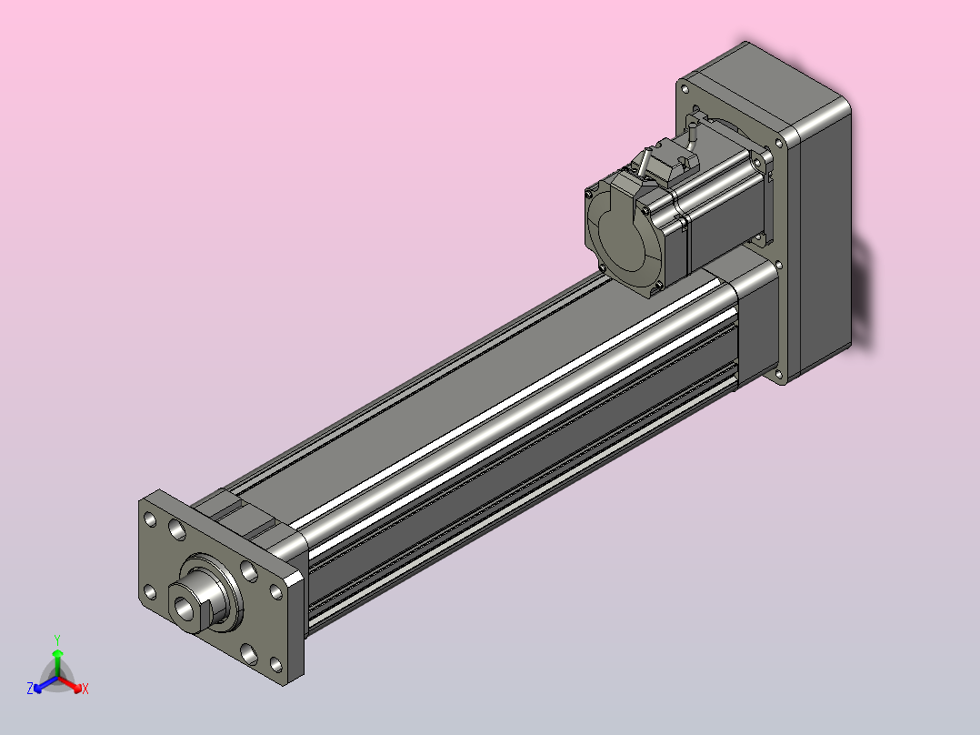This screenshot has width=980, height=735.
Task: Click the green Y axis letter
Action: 57,639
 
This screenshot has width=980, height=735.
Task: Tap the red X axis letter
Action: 85,689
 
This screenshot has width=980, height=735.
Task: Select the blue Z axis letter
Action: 29,689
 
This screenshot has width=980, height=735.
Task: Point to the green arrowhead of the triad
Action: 57,653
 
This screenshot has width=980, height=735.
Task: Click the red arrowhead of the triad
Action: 77,688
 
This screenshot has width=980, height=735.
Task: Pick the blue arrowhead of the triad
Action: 38,688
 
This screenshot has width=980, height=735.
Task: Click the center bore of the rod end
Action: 185,606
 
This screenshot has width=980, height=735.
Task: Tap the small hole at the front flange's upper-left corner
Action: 150,519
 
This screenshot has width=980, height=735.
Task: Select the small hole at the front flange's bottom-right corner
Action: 275,664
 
